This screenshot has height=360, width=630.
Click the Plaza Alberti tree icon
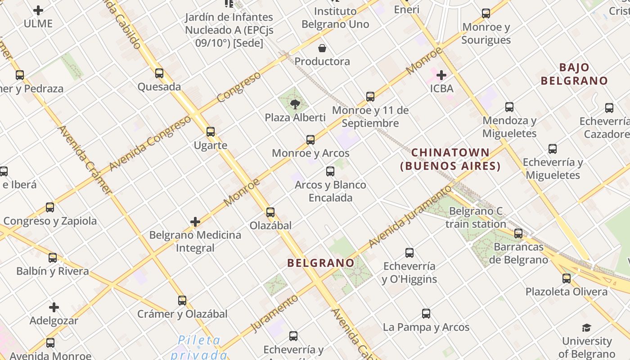pyautogui.click(x=295, y=104)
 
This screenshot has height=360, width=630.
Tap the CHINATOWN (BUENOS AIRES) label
pyautogui.click(x=450, y=159)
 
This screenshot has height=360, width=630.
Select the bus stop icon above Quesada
pyautogui.click(x=159, y=73)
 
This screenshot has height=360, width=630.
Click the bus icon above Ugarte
pyautogui.click(x=211, y=132)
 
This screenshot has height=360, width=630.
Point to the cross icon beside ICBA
pyautogui.click(x=441, y=75)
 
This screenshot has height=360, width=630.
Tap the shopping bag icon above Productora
pyautogui.click(x=322, y=48)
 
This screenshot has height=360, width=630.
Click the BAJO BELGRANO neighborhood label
pyautogui.click(x=574, y=74)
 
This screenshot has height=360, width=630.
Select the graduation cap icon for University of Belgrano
pyautogui.click(x=586, y=328)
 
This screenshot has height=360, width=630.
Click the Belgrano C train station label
pyautogui.click(x=476, y=217)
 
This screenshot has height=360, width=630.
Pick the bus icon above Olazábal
pyautogui.click(x=270, y=212)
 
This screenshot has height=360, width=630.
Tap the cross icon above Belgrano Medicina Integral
pyautogui.click(x=195, y=221)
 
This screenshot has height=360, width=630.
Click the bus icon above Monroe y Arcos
pyautogui.click(x=310, y=140)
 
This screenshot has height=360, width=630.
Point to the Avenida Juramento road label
pyautogui.click(x=409, y=217)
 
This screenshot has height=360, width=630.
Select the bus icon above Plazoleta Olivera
pyautogui.click(x=567, y=278)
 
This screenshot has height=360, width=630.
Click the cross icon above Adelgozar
pyautogui.click(x=54, y=307)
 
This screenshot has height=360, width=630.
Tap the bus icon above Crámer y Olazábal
pyautogui.click(x=182, y=300)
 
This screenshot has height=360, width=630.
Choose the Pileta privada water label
pyautogui.click(x=199, y=347)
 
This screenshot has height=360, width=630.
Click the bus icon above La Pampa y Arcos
pyautogui.click(x=426, y=314)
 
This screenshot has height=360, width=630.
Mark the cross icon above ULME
pyautogui.click(x=38, y=10)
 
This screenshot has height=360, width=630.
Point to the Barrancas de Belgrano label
pyautogui.click(x=518, y=253)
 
